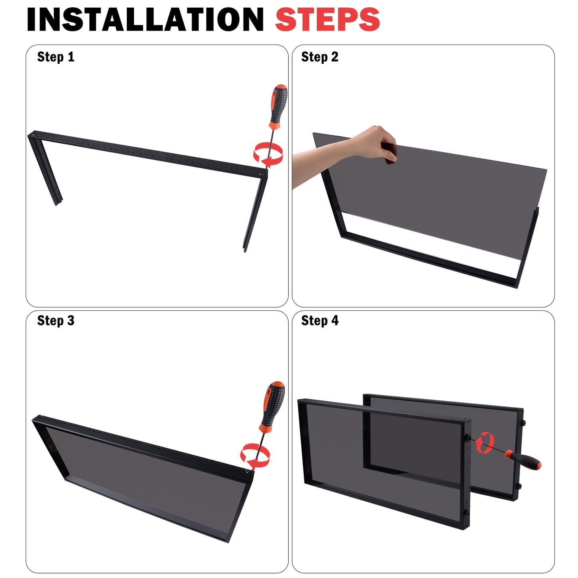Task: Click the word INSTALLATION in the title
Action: pos(145,20)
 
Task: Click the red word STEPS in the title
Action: pos(327,20)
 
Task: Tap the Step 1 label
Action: pos(56,57)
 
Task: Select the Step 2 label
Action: pos(320,57)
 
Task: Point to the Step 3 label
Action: pos(56,321)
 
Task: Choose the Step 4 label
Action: pos(320,321)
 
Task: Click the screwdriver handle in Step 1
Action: pos(278,106)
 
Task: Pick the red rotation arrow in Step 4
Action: pos(485,443)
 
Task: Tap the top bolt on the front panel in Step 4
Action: pos(467,437)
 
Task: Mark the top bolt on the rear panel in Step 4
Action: pos(523,423)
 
